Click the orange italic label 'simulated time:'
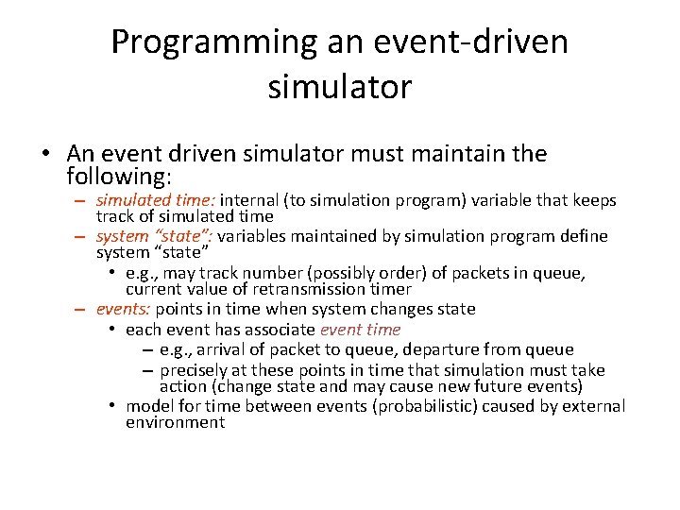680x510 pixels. coord(157,200)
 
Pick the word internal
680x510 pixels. coord(251,200)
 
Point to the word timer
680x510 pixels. coord(389,289)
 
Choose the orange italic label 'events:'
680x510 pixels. coord(123,309)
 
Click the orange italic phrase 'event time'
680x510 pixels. coord(361,330)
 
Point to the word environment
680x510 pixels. coord(176,422)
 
